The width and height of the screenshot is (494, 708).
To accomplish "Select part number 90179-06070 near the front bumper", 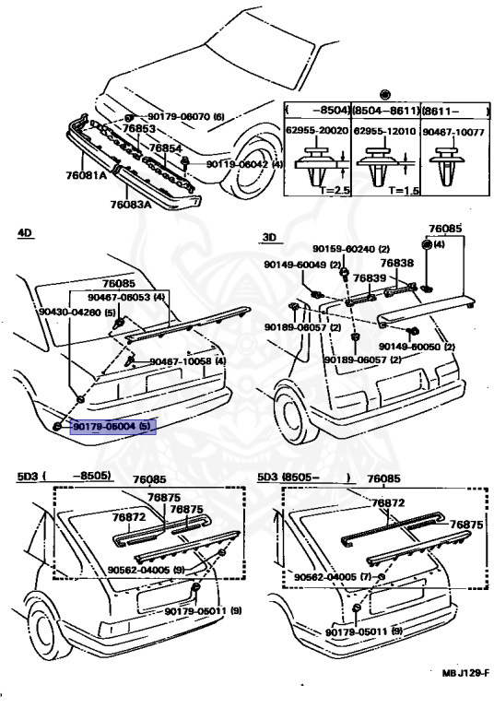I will (x=179, y=117).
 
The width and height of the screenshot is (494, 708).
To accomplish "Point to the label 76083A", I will (x=131, y=206).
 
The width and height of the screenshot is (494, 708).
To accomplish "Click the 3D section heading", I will (x=269, y=236).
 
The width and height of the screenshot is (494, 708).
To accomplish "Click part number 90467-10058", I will (x=181, y=361).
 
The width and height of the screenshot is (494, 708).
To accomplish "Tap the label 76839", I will (x=370, y=276).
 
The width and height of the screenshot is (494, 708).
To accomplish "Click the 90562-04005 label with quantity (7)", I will (x=330, y=576).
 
